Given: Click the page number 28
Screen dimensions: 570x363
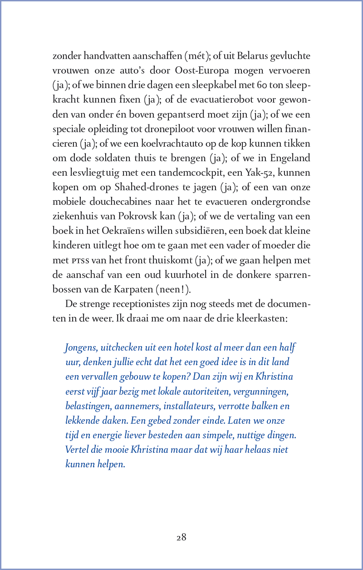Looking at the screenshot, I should (181, 537).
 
